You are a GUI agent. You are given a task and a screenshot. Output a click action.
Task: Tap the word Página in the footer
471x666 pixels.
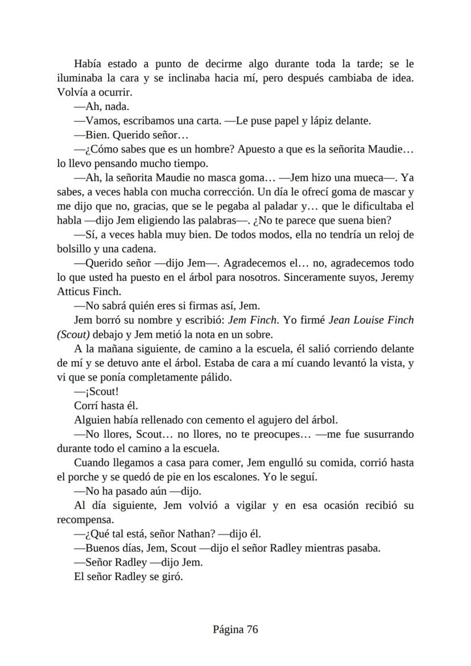228,630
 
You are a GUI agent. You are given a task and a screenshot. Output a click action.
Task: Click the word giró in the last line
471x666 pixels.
171,577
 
